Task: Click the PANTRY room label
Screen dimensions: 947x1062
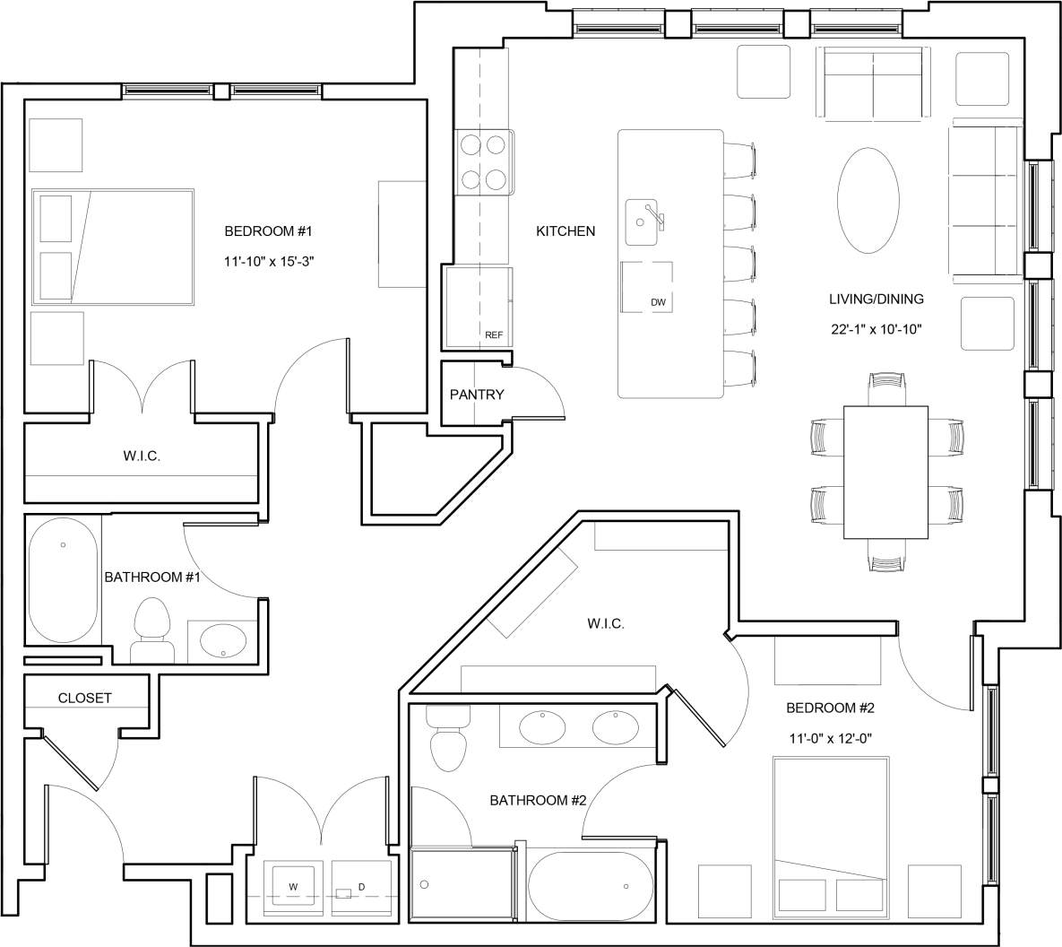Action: point(477,395)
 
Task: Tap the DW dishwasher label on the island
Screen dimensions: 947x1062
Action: point(658,302)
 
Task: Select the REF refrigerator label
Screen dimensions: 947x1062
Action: point(494,335)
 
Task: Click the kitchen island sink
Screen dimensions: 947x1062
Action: point(642,221)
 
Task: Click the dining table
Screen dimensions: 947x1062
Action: point(885,472)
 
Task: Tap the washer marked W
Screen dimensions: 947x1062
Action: point(293,887)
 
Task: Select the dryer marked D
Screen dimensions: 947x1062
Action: point(361,887)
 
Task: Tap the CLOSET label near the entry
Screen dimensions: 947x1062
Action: point(85,698)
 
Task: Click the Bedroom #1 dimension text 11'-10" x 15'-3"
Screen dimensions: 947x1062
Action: point(267,261)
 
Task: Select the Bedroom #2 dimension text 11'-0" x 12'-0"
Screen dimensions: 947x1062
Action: point(829,738)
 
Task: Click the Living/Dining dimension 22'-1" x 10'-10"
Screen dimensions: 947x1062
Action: point(876,329)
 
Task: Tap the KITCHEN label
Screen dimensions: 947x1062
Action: point(566,231)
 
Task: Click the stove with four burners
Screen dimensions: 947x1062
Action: point(484,162)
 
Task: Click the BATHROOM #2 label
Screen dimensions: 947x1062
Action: point(538,800)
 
